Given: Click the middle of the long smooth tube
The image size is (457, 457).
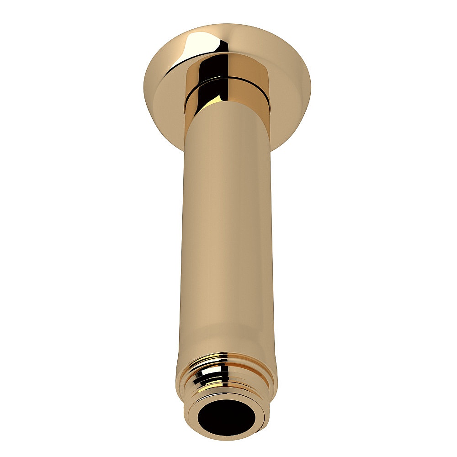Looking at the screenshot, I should tap(226, 228).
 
